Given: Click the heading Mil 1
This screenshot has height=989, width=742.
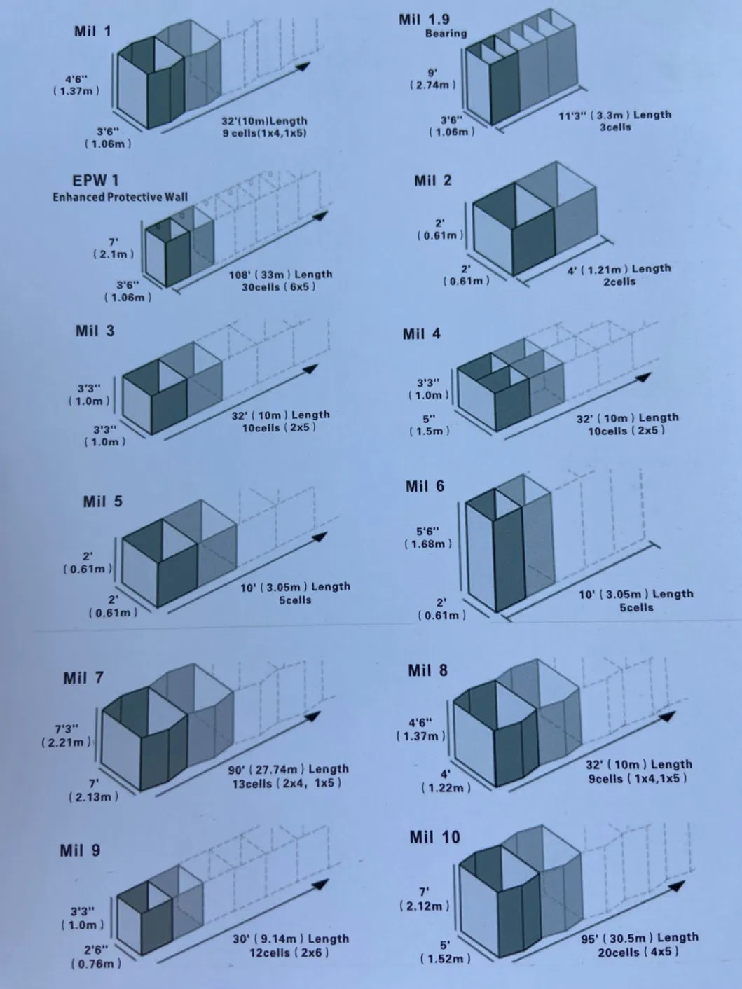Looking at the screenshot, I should (x=92, y=32).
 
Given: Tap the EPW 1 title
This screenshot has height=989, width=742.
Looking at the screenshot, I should (x=95, y=181).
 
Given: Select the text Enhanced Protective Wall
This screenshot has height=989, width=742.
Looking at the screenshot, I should (x=120, y=197).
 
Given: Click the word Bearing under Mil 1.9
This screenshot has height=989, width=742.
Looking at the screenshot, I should (x=446, y=34).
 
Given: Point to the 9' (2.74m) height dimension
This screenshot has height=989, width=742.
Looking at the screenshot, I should (x=432, y=78).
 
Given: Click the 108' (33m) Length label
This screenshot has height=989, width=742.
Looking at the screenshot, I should (x=280, y=275).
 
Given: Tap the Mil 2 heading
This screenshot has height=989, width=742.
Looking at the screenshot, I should (x=432, y=181).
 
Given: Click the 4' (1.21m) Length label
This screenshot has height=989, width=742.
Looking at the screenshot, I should (x=619, y=269).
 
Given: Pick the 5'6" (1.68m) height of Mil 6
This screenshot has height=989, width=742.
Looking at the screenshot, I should (x=427, y=537).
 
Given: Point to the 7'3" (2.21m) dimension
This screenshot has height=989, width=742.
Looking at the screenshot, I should (x=66, y=735).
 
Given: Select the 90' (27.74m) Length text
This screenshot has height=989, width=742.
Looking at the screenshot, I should (x=288, y=769).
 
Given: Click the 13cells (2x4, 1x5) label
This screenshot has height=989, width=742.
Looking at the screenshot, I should (x=287, y=783).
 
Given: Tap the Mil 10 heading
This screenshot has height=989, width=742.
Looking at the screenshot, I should (x=434, y=837).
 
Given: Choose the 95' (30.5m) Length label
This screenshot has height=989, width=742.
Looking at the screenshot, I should (x=639, y=938).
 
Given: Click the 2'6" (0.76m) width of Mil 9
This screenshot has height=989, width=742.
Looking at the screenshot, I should (x=96, y=956).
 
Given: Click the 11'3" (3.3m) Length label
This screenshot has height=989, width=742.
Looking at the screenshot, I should (x=614, y=115).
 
